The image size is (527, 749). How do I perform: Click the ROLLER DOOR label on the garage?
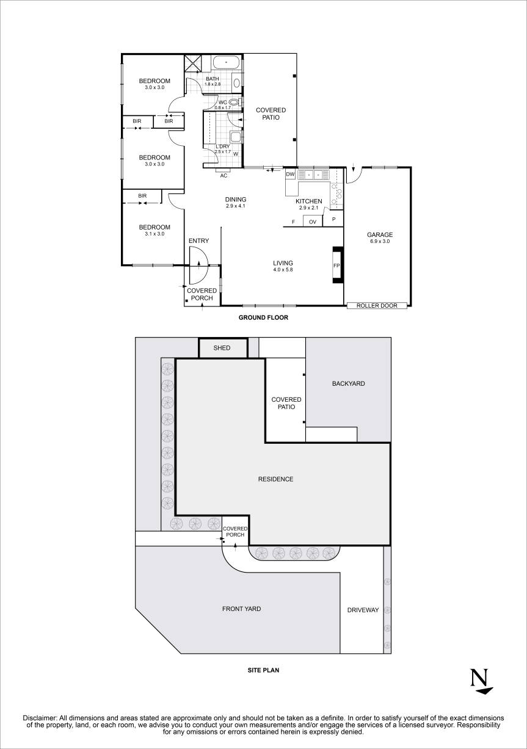377,305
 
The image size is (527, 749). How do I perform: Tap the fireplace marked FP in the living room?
336,266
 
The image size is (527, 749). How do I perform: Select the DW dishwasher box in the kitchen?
290,175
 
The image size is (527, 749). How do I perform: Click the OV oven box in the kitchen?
312,222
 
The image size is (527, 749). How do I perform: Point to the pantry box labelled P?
333,219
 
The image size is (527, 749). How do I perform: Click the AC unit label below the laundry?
224,175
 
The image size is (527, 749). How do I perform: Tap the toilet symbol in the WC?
233,103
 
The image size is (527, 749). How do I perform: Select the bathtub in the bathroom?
227,62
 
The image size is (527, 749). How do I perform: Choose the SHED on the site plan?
222,348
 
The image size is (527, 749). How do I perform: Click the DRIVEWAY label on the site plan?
363,610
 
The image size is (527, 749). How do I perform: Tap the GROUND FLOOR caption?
263,317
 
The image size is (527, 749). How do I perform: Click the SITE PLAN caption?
263,670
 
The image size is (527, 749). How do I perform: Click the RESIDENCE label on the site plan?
275,479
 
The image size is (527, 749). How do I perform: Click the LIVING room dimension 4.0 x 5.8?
283,269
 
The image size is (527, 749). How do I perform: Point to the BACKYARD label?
348,383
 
